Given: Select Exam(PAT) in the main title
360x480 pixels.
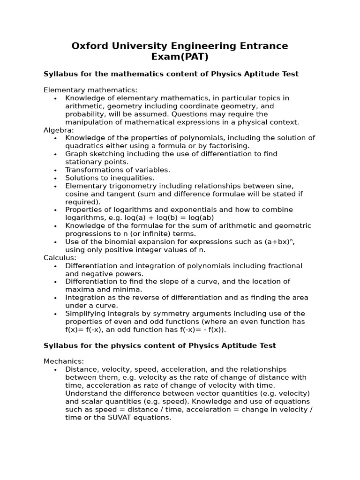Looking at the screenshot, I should tap(180, 57).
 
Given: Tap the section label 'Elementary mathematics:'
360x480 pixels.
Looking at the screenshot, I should tap(90, 90).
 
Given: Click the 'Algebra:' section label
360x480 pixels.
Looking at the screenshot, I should tap(59, 130).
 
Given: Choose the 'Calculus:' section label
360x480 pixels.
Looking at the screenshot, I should tap(60, 258).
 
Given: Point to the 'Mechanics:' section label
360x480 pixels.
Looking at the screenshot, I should tap(64, 361).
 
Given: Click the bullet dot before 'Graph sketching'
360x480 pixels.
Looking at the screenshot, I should tap(55, 154).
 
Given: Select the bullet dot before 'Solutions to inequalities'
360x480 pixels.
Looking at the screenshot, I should tap(55, 178).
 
